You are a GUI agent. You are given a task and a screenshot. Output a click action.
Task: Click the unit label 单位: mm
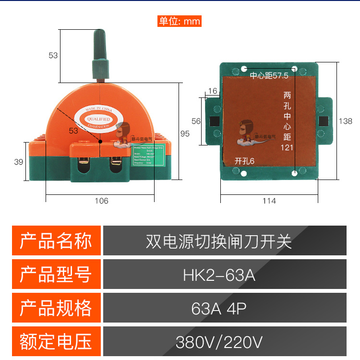180,21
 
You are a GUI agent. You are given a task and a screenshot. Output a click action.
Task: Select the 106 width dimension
102,201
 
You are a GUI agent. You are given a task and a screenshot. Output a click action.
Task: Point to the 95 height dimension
185,134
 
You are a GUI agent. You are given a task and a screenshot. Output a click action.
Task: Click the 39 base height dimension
18,162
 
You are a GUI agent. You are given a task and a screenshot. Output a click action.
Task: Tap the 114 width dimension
269,201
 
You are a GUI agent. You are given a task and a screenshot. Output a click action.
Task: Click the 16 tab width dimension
213,91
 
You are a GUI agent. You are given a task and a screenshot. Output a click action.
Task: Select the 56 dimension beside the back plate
195,121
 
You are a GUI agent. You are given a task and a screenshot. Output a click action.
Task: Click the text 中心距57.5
269,76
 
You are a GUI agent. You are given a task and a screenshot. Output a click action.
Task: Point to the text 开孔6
244,161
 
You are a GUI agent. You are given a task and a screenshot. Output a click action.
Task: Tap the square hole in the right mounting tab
323,120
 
